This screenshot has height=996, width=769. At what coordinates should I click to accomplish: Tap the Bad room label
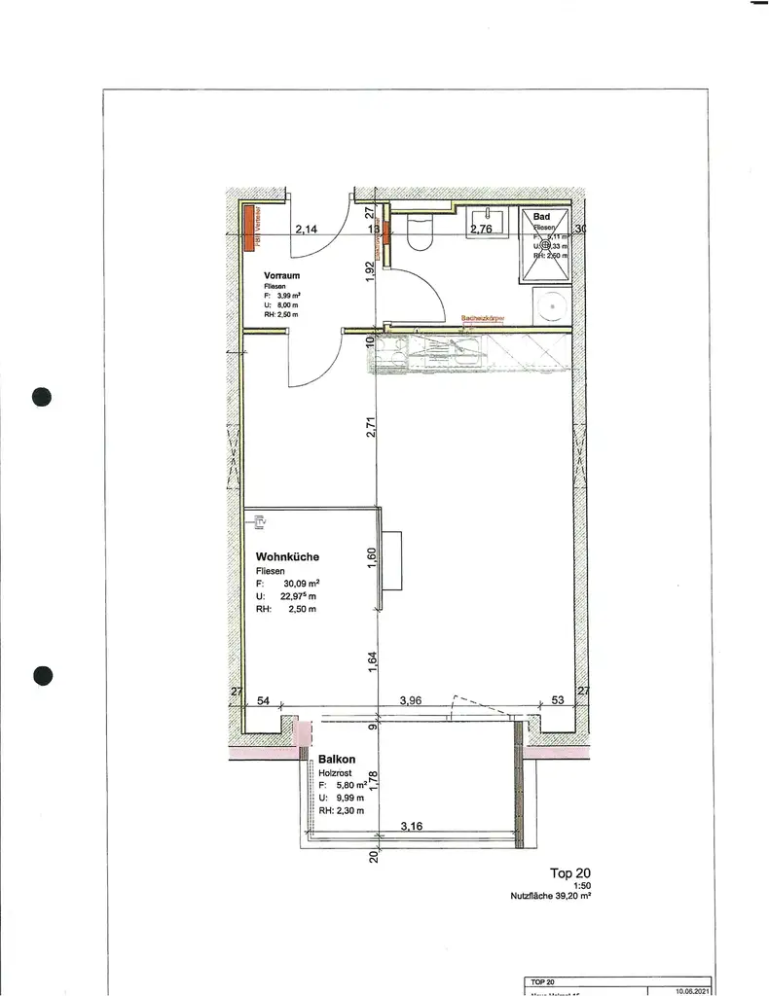click(x=541, y=215)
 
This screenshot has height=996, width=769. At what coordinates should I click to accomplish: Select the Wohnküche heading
click(x=287, y=556)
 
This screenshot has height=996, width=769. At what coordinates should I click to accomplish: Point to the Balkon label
click(x=335, y=759)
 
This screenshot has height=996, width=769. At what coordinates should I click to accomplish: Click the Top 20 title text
click(x=570, y=873)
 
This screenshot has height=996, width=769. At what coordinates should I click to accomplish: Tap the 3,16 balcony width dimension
click(x=417, y=827)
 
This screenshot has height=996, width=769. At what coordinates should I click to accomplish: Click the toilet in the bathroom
click(x=421, y=234)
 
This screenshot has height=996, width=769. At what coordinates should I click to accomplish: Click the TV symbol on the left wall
click(x=258, y=523)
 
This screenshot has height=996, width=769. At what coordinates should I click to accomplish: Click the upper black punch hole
click(x=41, y=396)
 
